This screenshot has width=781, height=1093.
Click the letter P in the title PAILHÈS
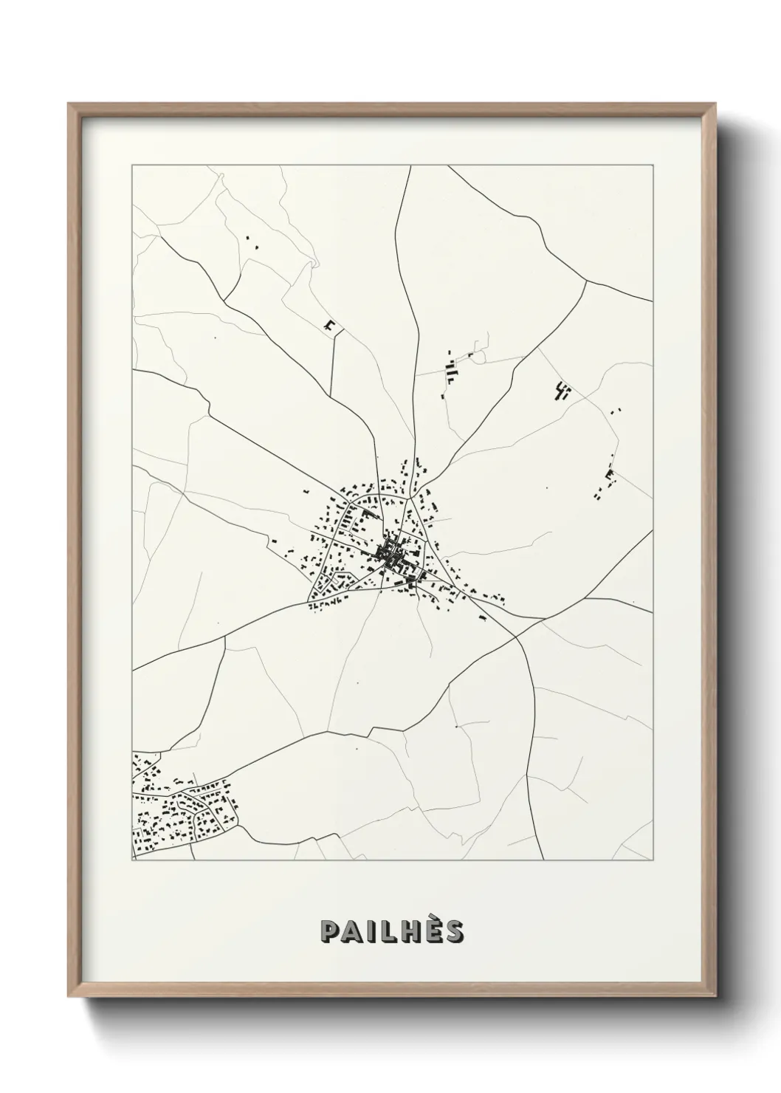coord(330,933)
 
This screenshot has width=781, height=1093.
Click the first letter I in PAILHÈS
coord(371,933)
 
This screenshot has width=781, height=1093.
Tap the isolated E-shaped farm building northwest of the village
coord(330,324)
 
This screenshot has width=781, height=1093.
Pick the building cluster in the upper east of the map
coord(563,391)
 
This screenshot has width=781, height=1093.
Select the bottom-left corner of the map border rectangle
coord(132,860)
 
